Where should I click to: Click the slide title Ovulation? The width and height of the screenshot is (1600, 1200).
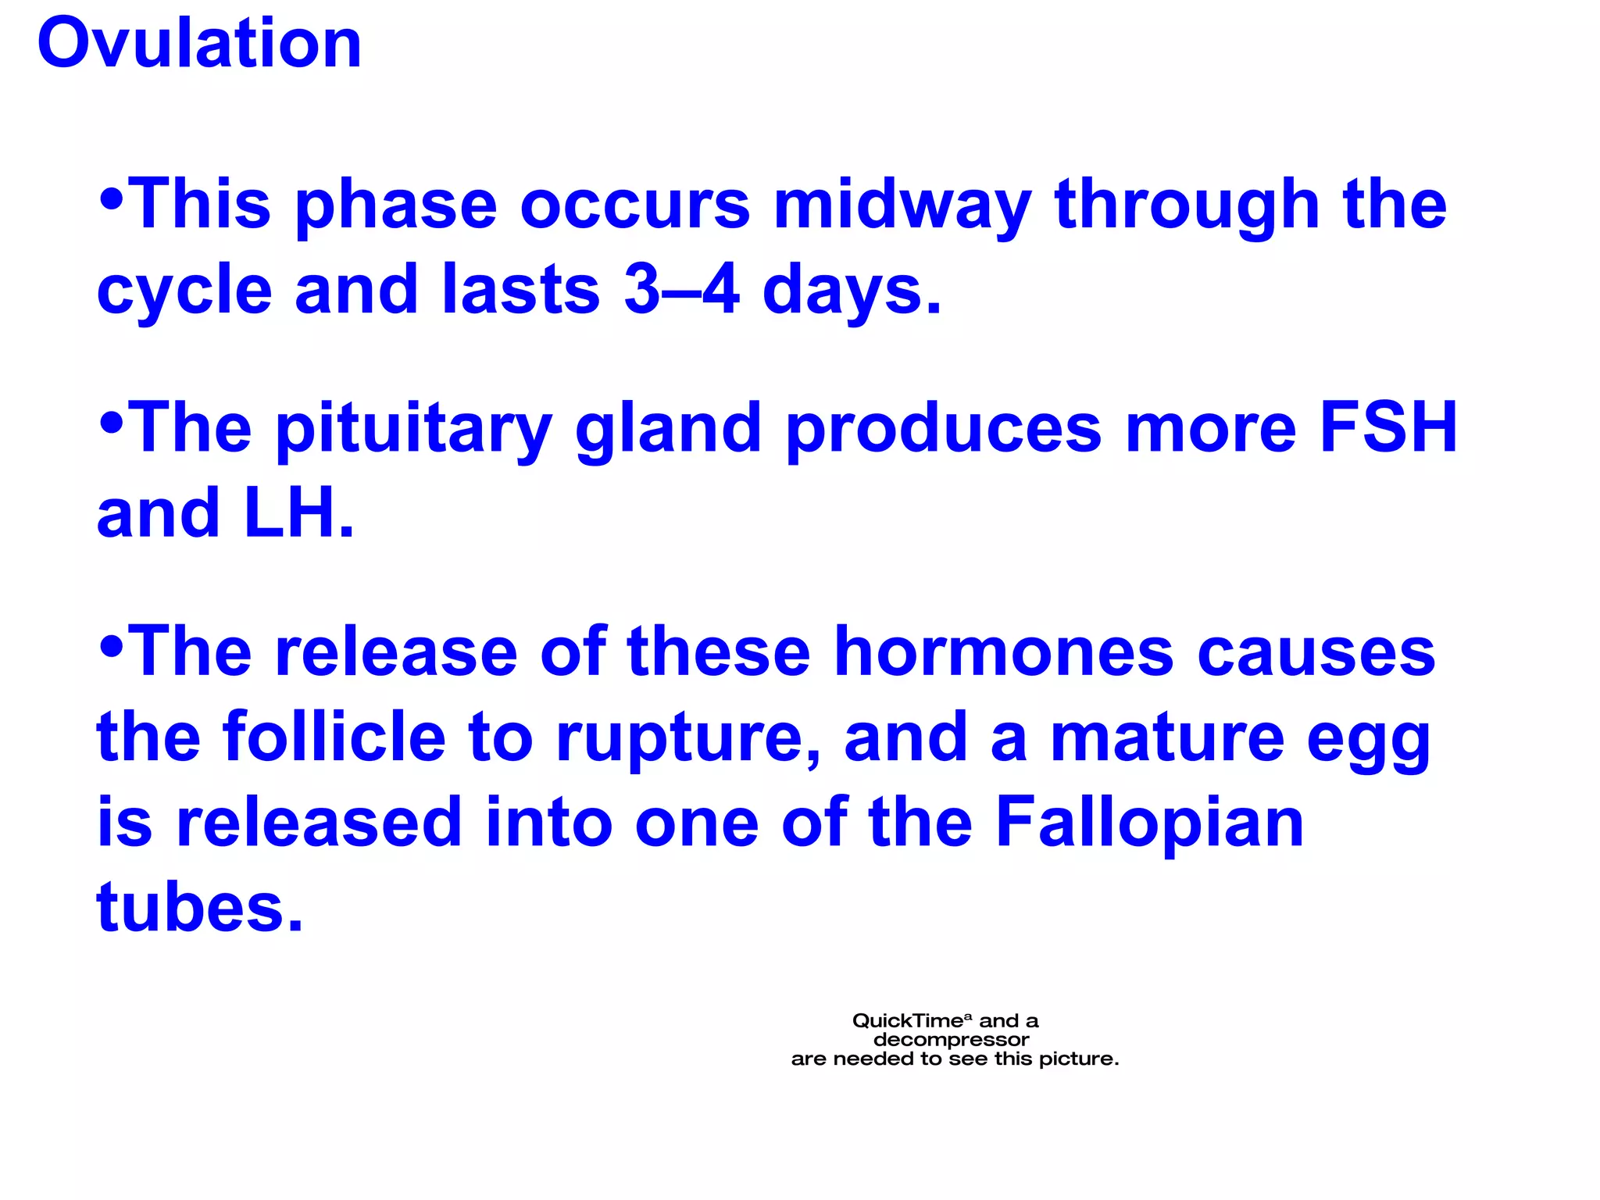click(199, 44)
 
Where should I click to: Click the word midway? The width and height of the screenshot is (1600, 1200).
click(902, 205)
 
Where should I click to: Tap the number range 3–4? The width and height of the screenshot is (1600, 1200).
click(681, 290)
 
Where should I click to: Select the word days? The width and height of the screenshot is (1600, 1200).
click(851, 290)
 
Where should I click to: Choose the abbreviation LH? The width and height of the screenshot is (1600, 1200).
click(298, 513)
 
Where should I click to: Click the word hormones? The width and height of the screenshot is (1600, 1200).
click(1003, 652)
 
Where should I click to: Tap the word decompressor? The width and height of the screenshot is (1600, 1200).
click(951, 1040)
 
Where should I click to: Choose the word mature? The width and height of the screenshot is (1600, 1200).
click(1167, 737)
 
